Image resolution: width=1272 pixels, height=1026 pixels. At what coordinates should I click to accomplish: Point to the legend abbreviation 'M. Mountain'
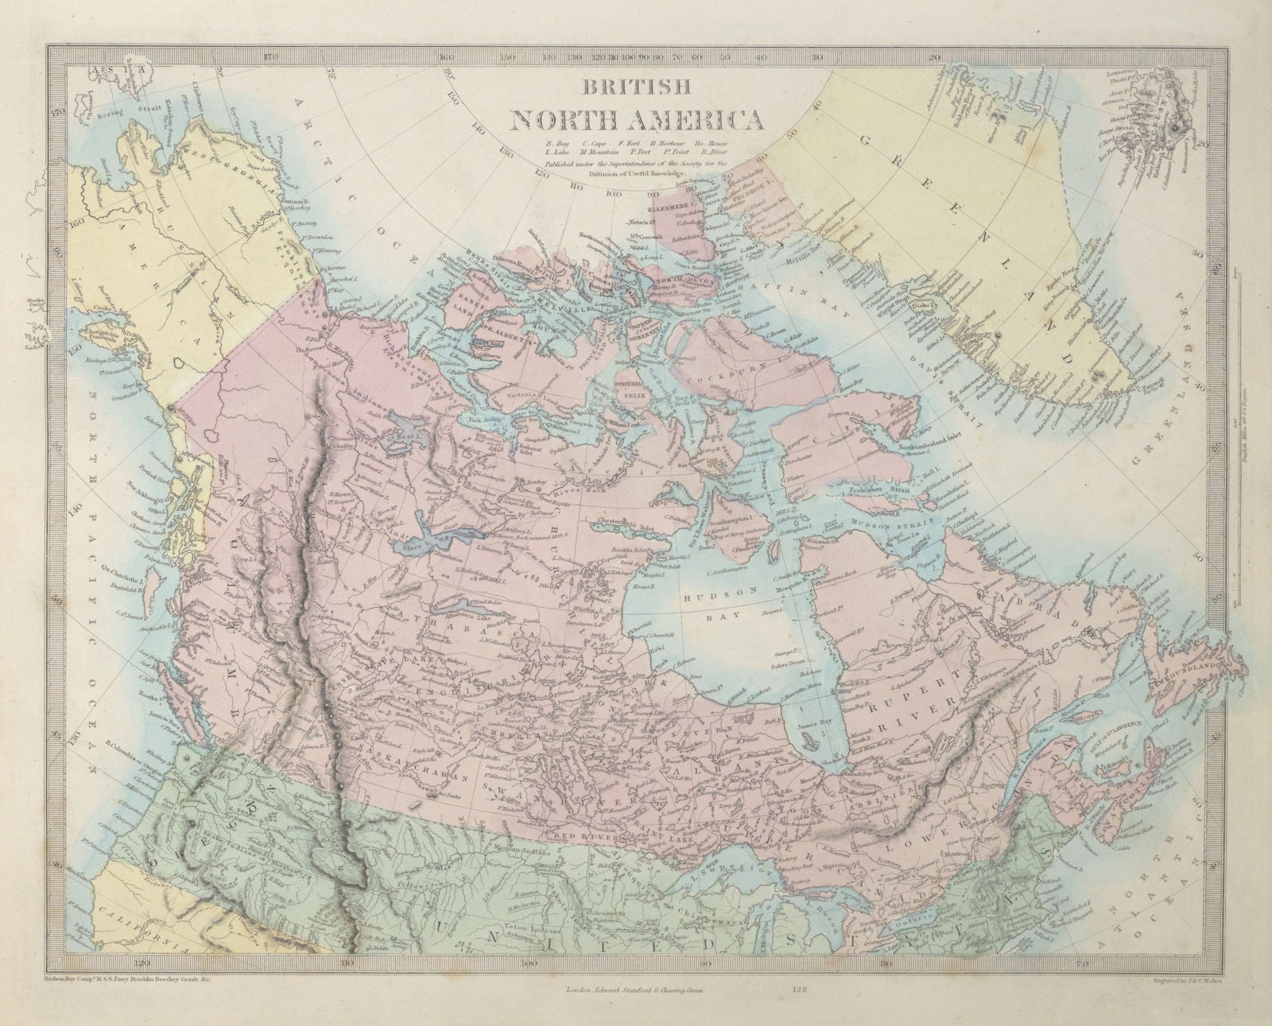coord(607,153)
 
